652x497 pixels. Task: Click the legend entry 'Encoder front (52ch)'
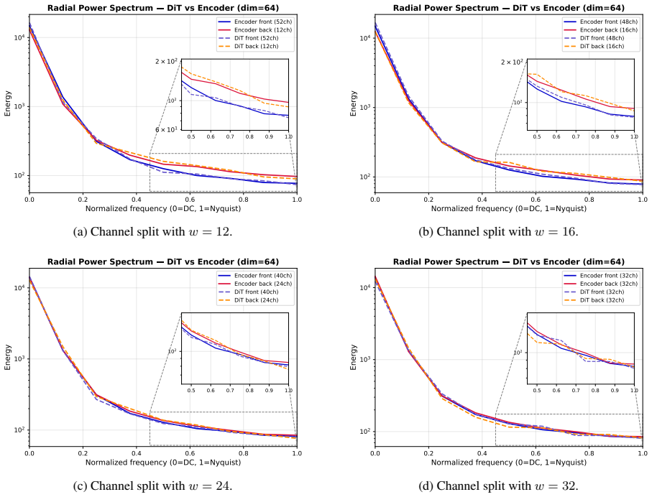coord(255,22)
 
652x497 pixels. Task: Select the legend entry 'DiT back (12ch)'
coord(249,46)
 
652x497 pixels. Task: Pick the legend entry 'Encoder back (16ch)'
coord(601,30)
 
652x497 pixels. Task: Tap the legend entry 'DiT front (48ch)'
coord(594,38)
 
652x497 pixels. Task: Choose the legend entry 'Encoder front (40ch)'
coord(255,276)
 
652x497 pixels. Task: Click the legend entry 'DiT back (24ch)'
coord(249,300)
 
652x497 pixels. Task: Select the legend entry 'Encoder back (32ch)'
coord(601,284)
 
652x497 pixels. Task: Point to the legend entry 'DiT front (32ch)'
coord(594,292)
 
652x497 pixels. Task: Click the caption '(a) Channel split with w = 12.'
coord(152,231)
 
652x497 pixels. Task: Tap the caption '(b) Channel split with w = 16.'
coord(498,231)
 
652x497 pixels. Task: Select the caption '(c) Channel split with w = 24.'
coord(152,486)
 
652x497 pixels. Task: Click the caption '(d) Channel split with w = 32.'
coord(498,486)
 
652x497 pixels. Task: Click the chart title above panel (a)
coord(163,8)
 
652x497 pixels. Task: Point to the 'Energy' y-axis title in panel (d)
coord(354,357)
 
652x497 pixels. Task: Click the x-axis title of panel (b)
coord(508,208)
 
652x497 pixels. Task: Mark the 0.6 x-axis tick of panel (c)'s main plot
coord(190,453)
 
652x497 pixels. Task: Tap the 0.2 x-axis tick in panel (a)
coord(83,199)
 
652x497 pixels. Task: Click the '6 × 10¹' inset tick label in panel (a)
coord(166,130)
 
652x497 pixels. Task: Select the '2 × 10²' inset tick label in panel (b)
coord(512,62)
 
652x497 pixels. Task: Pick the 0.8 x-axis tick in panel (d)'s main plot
coord(589,453)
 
